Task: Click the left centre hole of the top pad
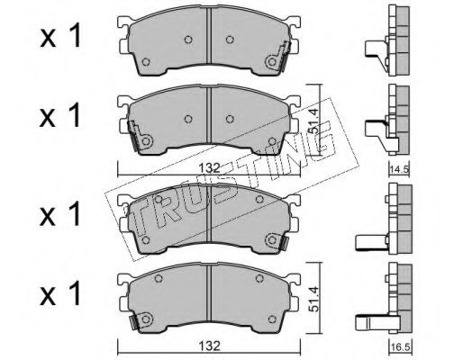[187, 40]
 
